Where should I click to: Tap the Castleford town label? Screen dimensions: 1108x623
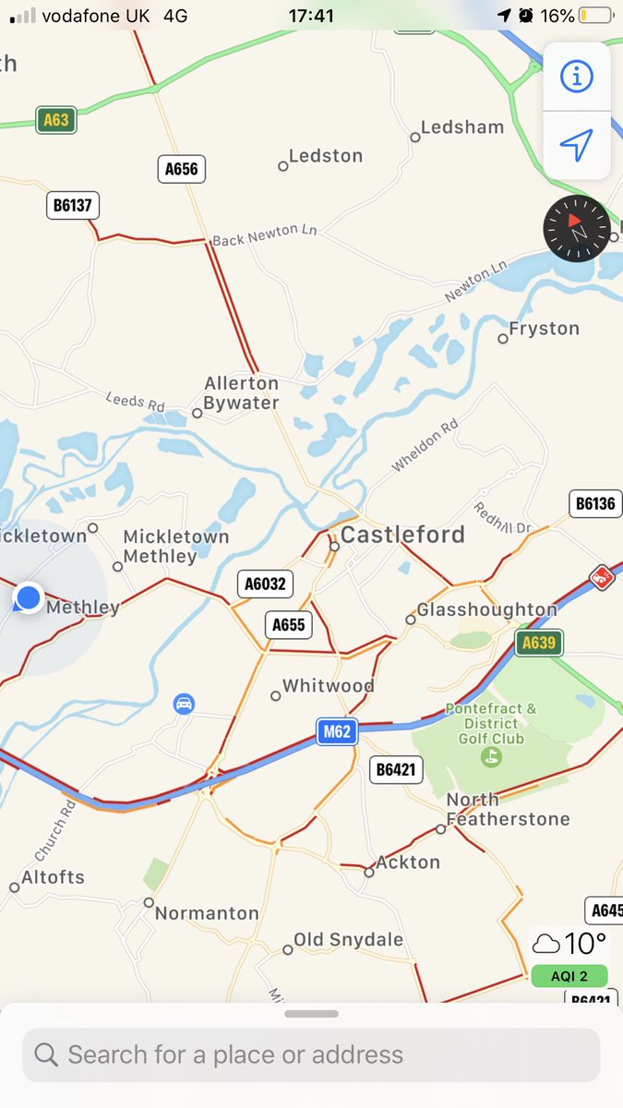tap(402, 535)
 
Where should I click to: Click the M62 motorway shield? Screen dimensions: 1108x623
tap(336, 732)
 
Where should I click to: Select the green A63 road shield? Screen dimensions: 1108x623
tap(55, 120)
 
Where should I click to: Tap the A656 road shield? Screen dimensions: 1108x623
tap(181, 169)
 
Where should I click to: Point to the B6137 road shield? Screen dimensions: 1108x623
tap(73, 205)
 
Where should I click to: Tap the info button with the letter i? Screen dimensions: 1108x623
tap(577, 77)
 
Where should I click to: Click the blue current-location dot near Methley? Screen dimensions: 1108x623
tap(29, 597)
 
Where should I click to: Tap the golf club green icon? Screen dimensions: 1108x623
tap(492, 757)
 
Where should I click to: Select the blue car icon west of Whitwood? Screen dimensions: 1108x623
tap(185, 705)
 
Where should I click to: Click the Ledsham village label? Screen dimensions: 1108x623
tap(462, 127)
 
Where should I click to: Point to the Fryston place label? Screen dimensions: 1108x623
tap(545, 329)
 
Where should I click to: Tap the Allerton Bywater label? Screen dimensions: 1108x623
tap(241, 393)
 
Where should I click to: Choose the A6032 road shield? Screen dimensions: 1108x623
tap(265, 584)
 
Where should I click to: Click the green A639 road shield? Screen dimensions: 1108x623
tap(539, 643)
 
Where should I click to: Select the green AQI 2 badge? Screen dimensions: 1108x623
tap(569, 976)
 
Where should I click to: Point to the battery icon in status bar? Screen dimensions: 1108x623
tap(594, 16)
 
